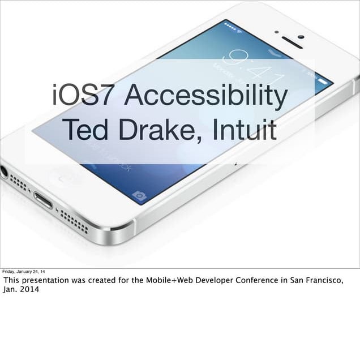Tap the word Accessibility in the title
coord(207,96)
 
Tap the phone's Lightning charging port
coord(43,200)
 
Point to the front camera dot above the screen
coord(301,37)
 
